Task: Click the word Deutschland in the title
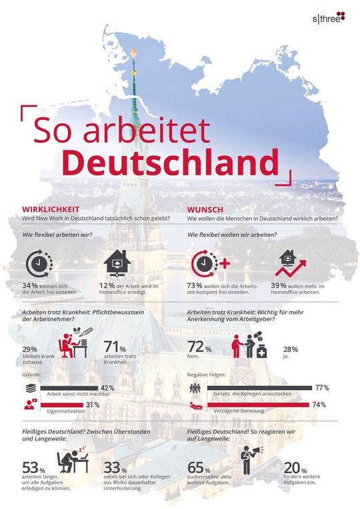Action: (x=173, y=162)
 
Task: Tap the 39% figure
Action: (x=281, y=284)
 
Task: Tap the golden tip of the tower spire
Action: (x=133, y=53)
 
